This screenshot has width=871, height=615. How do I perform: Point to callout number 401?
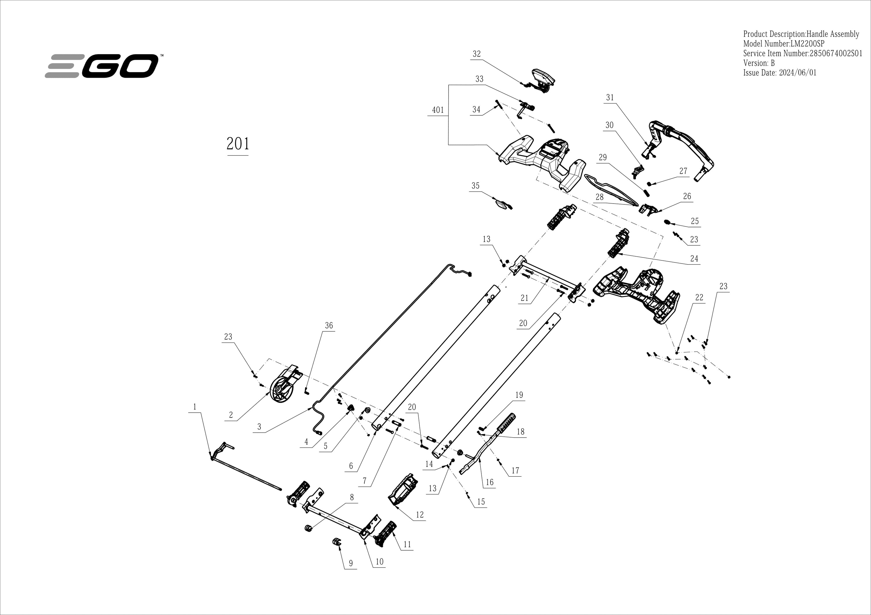tap(438, 110)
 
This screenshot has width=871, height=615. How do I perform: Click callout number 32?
tap(476, 54)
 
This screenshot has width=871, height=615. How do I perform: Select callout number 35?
tap(475, 186)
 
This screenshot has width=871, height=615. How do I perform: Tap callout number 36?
tap(329, 326)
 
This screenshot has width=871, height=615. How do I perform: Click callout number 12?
tap(420, 515)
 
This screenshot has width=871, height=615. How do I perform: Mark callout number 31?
tap(610, 97)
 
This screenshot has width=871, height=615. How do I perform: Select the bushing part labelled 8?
tap(308, 527)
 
